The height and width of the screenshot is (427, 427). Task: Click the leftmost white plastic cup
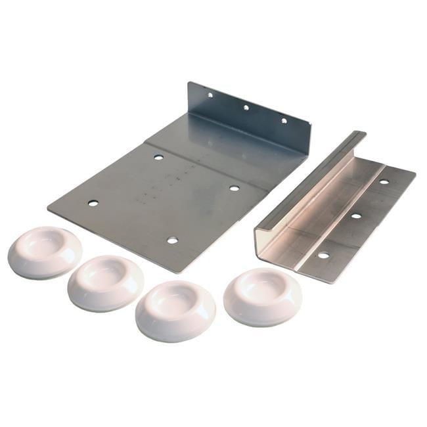(x=44, y=252)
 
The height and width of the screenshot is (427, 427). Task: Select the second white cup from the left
(x=105, y=282)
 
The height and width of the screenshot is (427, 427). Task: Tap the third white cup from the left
(x=175, y=309)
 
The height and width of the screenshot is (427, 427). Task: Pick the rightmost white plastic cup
(x=263, y=295)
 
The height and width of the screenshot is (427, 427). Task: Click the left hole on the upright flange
(x=210, y=95)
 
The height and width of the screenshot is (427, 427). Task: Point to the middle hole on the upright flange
(x=246, y=107)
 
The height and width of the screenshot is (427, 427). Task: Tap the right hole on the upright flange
(x=284, y=120)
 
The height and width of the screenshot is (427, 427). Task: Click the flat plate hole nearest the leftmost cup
(x=93, y=203)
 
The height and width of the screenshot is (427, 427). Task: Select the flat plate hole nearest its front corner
(x=172, y=240)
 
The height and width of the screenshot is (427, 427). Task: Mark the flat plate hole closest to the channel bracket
(x=234, y=188)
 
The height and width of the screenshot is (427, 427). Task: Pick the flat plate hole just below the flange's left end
(x=158, y=157)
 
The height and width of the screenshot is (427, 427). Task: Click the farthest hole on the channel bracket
(x=384, y=181)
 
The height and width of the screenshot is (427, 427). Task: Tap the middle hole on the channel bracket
(x=355, y=215)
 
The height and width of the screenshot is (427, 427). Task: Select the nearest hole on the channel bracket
(x=323, y=254)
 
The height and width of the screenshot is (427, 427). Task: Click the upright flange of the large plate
(x=250, y=115)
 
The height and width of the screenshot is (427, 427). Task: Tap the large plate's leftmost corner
(x=49, y=208)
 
